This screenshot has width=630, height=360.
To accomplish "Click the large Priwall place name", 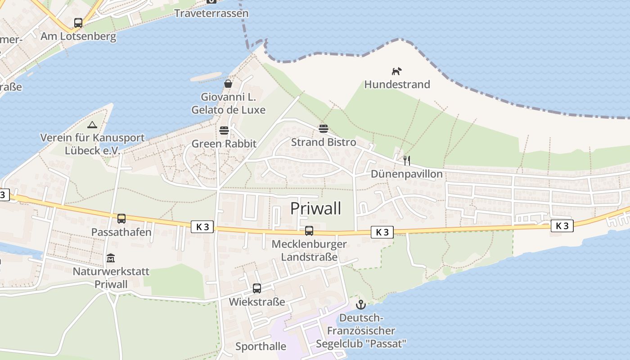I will (x=315, y=208).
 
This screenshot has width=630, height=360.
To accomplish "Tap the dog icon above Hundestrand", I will (x=396, y=71).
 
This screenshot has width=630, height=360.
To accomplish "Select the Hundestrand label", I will (x=397, y=84).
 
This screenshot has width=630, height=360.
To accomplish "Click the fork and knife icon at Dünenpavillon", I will (x=407, y=160).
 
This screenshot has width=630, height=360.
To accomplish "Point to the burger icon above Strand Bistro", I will (x=323, y=129).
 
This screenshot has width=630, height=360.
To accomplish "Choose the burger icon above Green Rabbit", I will (x=224, y=130).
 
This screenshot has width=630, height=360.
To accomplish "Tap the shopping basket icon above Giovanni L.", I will (x=228, y=84).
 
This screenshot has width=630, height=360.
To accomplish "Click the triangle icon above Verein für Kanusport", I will (x=92, y=125).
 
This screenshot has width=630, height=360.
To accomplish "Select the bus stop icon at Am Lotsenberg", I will (x=78, y=23).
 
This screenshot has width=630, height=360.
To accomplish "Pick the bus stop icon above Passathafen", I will (x=121, y=219).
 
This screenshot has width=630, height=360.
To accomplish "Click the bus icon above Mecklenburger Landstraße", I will (x=309, y=231).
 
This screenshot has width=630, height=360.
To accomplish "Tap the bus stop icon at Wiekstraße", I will (x=257, y=288).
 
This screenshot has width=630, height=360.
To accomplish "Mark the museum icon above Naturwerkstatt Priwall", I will (x=111, y=258).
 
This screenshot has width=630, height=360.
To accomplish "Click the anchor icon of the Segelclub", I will (x=360, y=305).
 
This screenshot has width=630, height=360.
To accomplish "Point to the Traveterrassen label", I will (x=211, y=13).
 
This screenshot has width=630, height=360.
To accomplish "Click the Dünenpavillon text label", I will (x=406, y=174).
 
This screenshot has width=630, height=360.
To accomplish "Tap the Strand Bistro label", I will (x=323, y=142).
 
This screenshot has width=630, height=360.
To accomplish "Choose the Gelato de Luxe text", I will (x=228, y=110).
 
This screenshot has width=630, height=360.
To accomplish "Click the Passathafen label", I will (x=121, y=232).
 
